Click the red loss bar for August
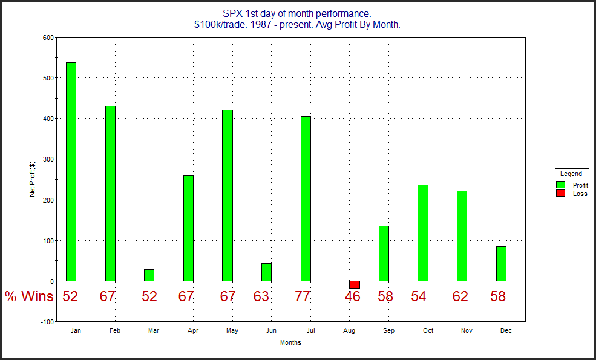pyautogui.click(x=354, y=284)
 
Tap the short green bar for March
pyautogui.click(x=149, y=275)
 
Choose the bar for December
pyautogui.click(x=501, y=263)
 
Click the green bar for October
pyautogui.click(x=423, y=233)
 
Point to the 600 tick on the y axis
pyautogui.click(x=47, y=38)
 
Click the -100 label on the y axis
pyautogui.click(x=45, y=322)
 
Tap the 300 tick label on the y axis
pyautogui.click(x=47, y=159)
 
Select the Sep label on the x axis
pyautogui.click(x=388, y=331)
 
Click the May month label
pyautogui.click(x=232, y=331)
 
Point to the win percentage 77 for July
pyautogui.click(x=303, y=296)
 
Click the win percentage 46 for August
pyautogui.click(x=353, y=296)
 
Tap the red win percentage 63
pyautogui.click(x=261, y=296)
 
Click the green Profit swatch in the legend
pyautogui.click(x=561, y=185)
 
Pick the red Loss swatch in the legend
pyautogui.click(x=561, y=194)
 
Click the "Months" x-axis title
pyautogui.click(x=290, y=342)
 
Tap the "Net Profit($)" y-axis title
pyautogui.click(x=32, y=179)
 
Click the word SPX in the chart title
pyautogui.click(x=232, y=13)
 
